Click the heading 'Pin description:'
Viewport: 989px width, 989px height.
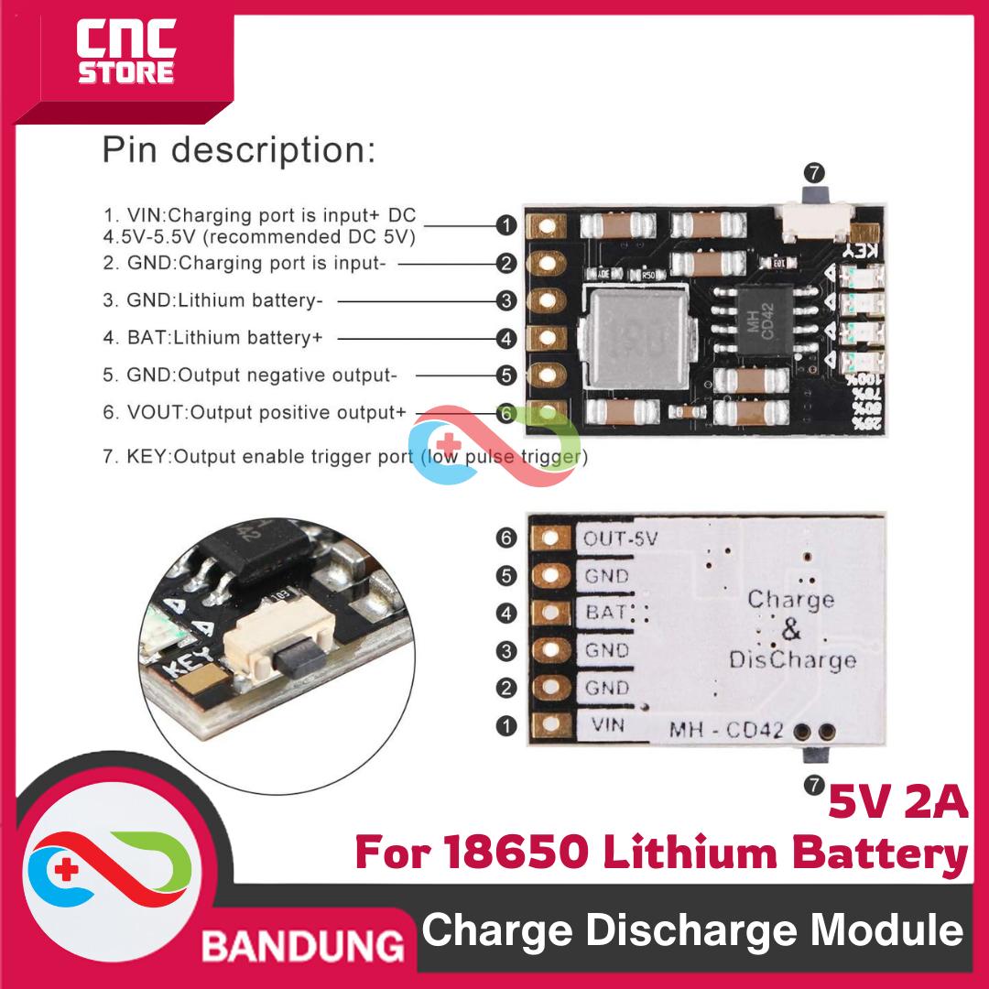click(x=238, y=149)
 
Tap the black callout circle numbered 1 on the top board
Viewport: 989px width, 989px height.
click(x=506, y=225)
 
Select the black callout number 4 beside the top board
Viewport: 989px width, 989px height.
click(x=506, y=338)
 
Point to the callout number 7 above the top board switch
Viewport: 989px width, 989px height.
click(x=812, y=172)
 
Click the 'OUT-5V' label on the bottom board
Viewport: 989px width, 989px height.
click(x=620, y=538)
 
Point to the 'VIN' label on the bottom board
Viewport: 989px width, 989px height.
click(x=609, y=725)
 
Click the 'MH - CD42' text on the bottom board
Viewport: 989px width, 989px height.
click(x=726, y=731)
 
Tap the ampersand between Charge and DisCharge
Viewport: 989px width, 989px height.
click(x=791, y=630)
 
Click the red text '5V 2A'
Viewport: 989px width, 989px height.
click(x=897, y=803)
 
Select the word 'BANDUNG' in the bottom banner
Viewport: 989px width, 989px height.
click(x=303, y=943)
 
